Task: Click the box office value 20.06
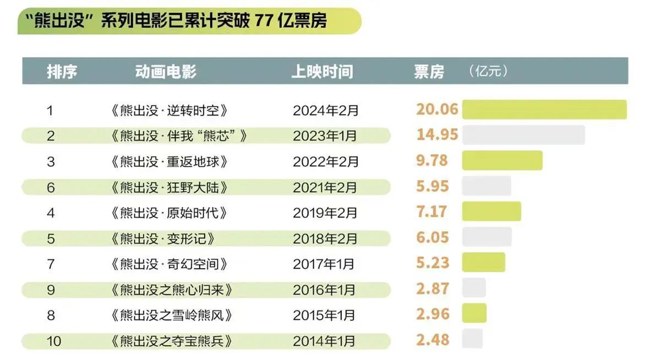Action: click(x=437, y=109)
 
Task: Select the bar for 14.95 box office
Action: click(x=523, y=135)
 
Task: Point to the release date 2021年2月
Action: click(x=325, y=187)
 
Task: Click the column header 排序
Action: click(x=62, y=72)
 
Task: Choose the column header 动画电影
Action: click(x=166, y=72)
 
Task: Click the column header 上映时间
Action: click(x=322, y=72)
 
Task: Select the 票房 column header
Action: click(x=429, y=72)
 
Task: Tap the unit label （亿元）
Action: click(x=488, y=71)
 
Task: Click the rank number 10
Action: click(x=54, y=341)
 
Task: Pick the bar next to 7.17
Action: click(x=491, y=211)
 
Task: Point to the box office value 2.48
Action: click(x=433, y=340)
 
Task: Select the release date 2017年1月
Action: click(x=324, y=264)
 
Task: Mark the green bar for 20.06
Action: click(x=544, y=109)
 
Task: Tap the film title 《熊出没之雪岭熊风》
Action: click(x=171, y=315)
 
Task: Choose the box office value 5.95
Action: click(x=433, y=186)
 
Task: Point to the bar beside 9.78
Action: click(x=502, y=160)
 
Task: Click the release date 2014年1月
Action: click(x=324, y=341)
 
